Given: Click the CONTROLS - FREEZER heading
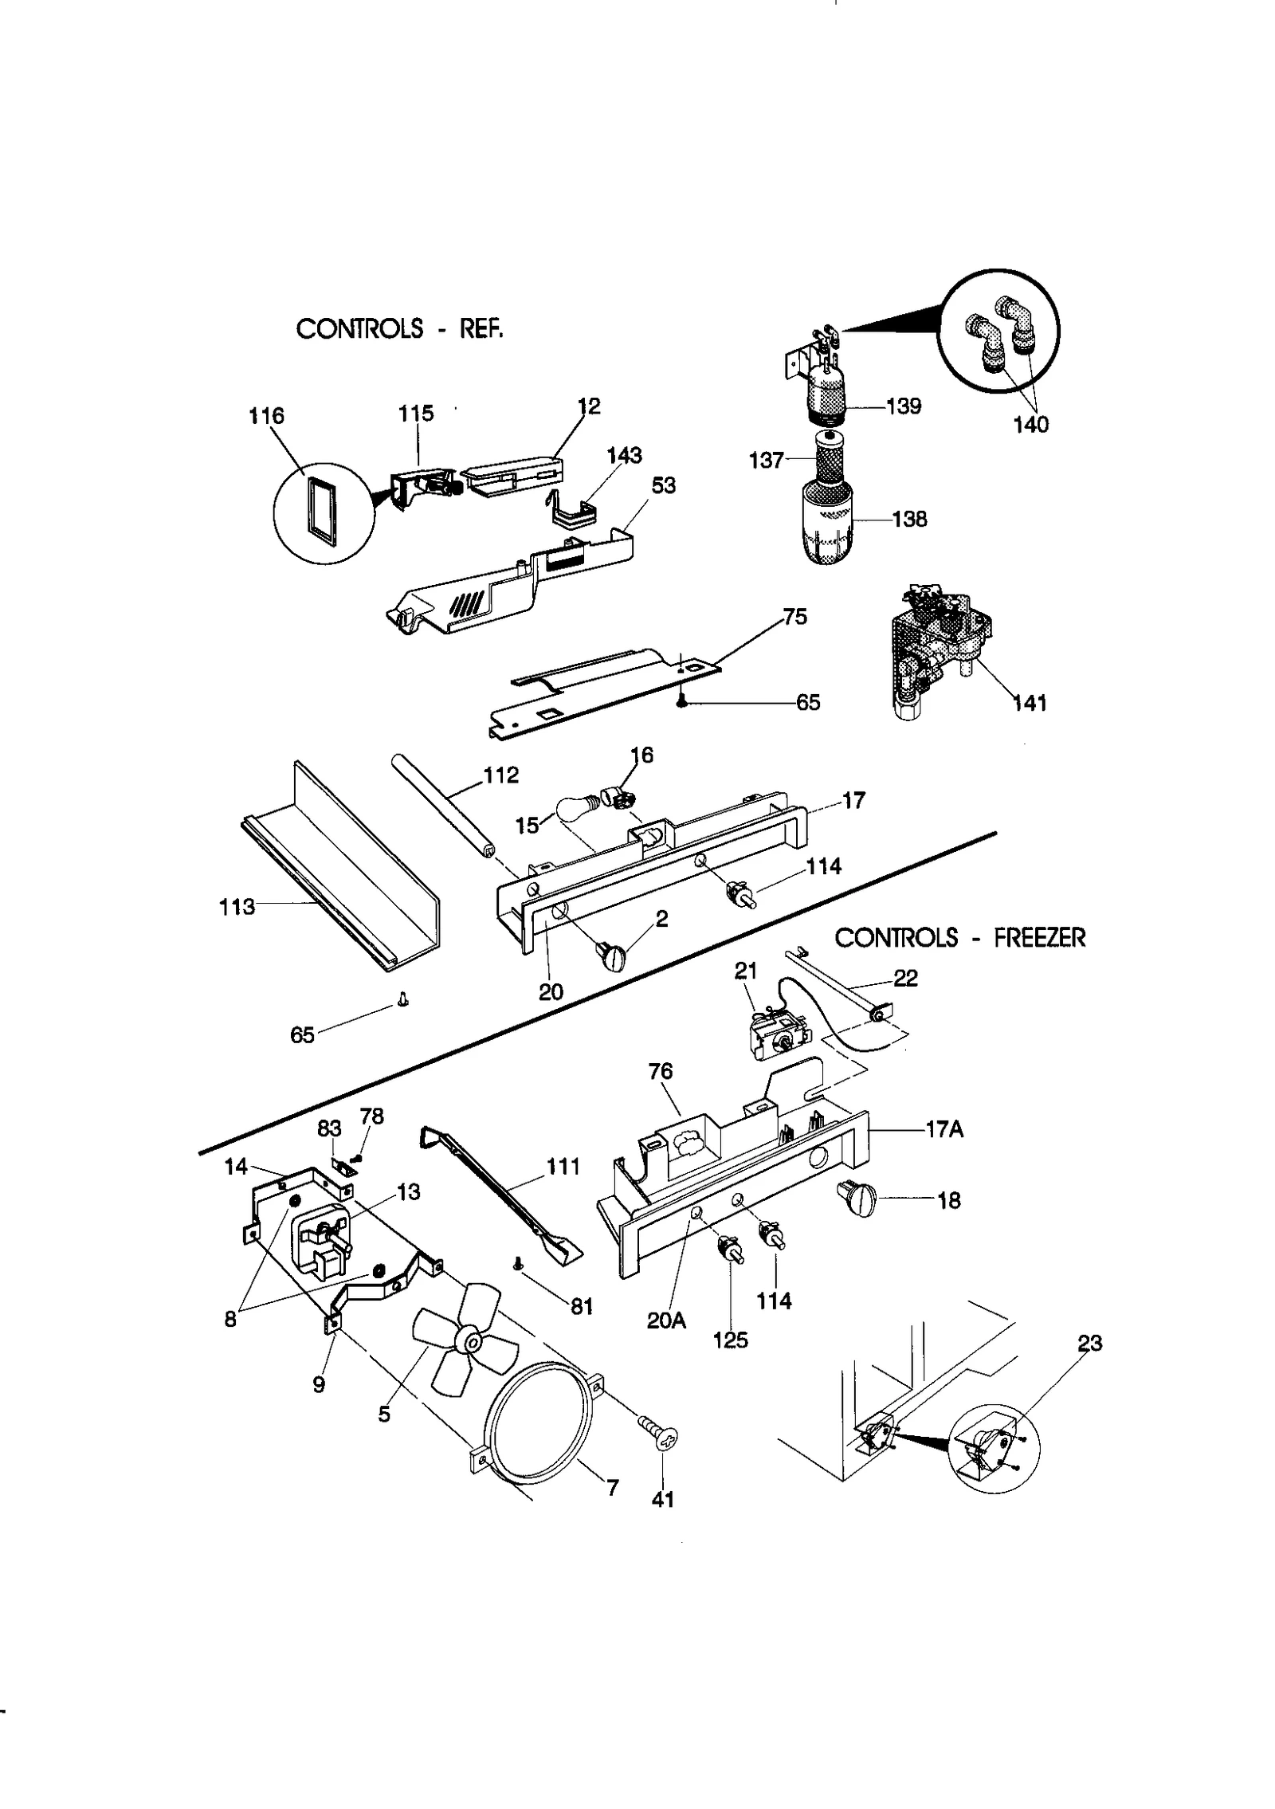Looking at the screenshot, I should (959, 938).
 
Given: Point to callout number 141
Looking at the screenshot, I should (1030, 703).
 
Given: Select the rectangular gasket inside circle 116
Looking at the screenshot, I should (324, 510).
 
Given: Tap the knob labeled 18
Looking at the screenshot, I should (857, 1199).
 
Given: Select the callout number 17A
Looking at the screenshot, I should (945, 1129).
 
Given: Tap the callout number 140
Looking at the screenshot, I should (1031, 425).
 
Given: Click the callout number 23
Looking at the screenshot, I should (1089, 1344).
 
